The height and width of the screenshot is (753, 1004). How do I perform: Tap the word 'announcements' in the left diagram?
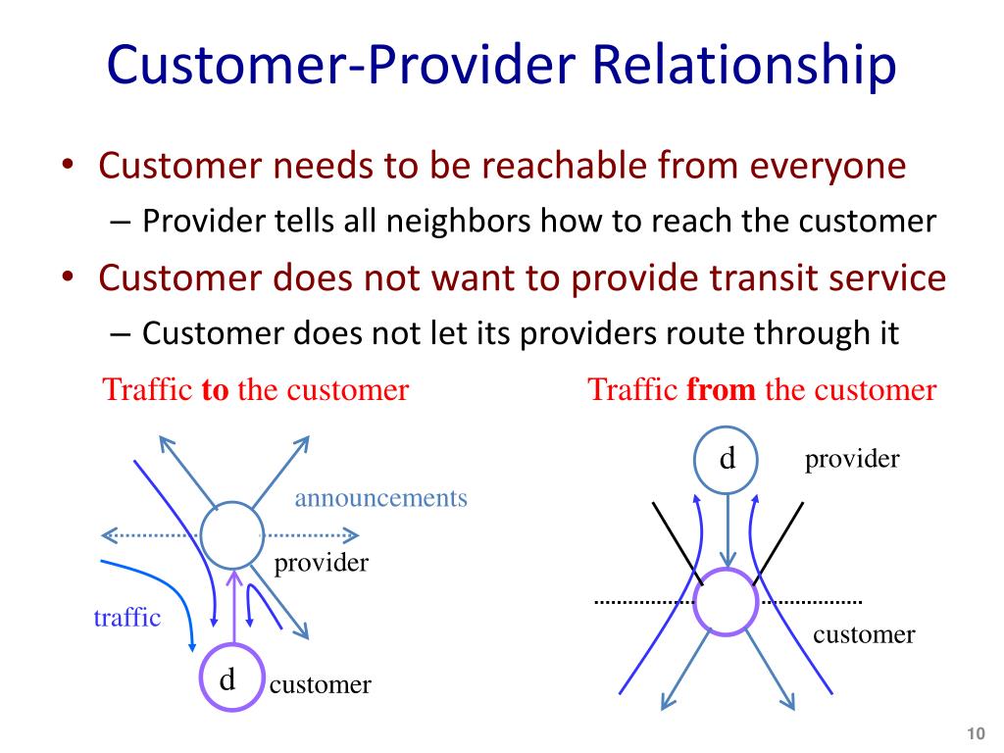pos(380,498)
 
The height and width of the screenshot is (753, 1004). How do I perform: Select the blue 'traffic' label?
pos(126,618)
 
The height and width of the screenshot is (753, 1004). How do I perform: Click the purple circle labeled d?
pos(231,679)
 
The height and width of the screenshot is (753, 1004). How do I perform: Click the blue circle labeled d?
pos(727,458)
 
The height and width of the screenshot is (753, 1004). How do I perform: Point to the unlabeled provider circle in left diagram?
pos(232,535)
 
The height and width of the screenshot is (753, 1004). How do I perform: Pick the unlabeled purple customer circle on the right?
pos(726,600)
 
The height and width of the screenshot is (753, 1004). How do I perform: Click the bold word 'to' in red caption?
pos(215,390)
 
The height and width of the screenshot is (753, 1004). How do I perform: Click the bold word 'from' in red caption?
pos(722,390)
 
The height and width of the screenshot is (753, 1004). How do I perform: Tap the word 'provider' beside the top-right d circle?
pos(852,459)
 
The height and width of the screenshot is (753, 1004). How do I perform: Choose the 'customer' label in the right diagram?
pos(864,634)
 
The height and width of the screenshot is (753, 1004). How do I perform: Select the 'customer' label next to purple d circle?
pos(321,684)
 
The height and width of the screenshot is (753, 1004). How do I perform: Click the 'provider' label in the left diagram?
pos(321,563)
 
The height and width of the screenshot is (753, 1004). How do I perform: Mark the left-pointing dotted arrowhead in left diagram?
pos(107,535)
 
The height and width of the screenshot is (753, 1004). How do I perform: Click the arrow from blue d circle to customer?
pos(727,529)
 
